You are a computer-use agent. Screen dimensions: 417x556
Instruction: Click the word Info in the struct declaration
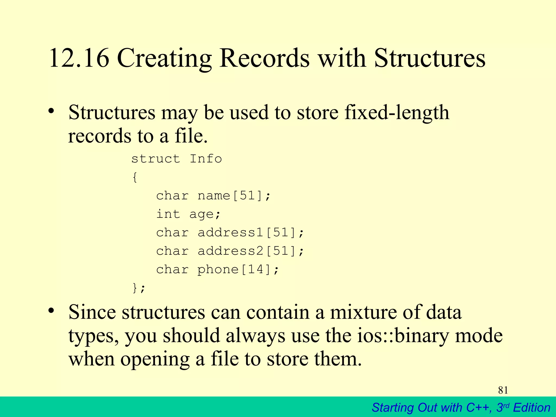click(x=206, y=159)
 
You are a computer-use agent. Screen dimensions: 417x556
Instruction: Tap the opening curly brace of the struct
click(x=135, y=178)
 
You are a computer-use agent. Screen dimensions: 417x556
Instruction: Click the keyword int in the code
click(x=168, y=214)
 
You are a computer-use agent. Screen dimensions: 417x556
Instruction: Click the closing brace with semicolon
click(x=138, y=288)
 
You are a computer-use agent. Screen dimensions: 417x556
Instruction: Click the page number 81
click(x=503, y=390)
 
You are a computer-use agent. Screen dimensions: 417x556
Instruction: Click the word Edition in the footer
click(x=532, y=408)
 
